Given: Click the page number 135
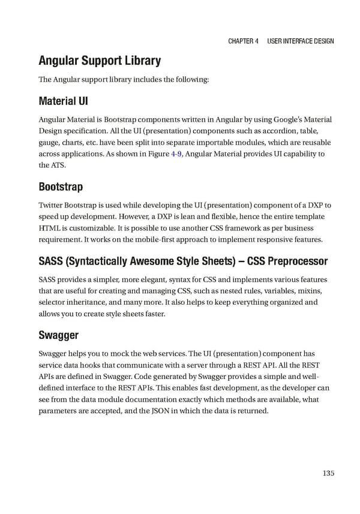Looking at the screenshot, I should pos(328,473).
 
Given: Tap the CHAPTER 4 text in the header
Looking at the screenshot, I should pos(243,41).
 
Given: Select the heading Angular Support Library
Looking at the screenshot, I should pos(100,61).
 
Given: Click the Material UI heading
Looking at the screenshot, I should pos(64,100).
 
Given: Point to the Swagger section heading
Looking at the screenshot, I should pos(58,334).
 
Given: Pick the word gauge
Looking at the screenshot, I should pos(49,143).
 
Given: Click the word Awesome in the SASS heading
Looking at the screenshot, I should pos(149,261).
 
